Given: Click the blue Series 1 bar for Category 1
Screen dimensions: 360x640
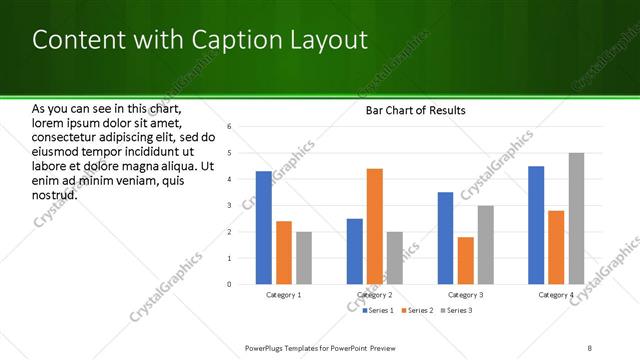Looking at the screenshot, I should tap(263, 228).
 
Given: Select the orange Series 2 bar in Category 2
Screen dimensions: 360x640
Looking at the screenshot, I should tap(375, 226).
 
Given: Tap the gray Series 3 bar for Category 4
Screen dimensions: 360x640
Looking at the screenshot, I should tap(576, 218).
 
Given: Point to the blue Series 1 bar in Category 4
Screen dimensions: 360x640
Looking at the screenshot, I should tap(536, 225).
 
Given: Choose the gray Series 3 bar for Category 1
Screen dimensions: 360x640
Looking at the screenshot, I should tap(303, 258).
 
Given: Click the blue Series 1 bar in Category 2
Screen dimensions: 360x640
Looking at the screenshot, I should tap(355, 251).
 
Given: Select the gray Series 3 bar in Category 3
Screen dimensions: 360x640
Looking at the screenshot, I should tap(485, 245).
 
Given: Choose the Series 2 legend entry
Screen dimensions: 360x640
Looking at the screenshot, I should tap(417, 311).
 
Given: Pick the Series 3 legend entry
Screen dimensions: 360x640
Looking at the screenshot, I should tap(455, 311).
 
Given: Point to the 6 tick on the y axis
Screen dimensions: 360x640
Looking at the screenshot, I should tap(229, 127).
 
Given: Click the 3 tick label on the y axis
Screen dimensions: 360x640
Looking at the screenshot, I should tap(229, 206).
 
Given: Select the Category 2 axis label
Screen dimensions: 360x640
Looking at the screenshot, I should tap(375, 295).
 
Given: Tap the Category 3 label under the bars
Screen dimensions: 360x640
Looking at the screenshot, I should tap(465, 295).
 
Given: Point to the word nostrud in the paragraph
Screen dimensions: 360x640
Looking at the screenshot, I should tap(56, 194).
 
